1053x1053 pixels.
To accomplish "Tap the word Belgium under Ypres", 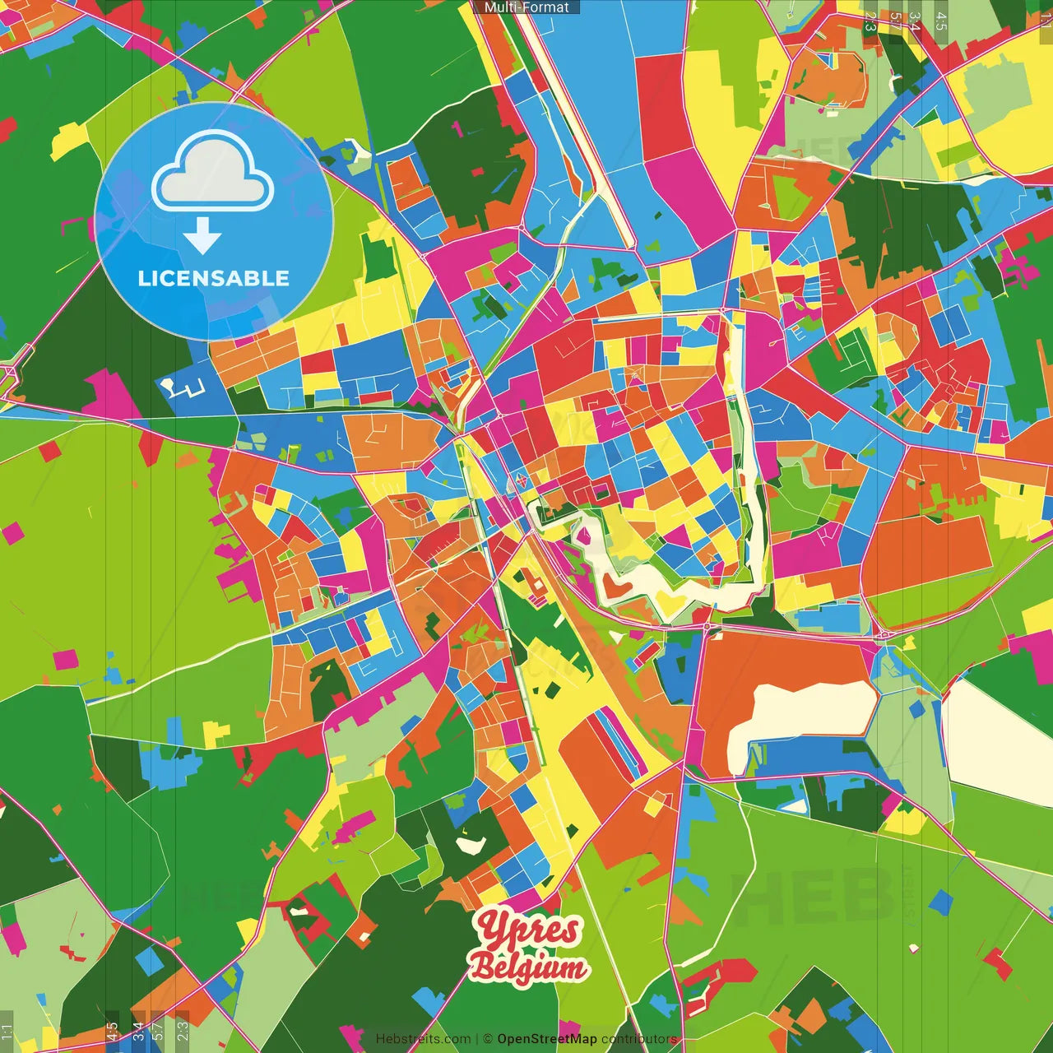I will point(529,968).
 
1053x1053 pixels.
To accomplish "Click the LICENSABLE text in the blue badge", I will point(214,278).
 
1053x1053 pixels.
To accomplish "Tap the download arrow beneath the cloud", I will point(202,236).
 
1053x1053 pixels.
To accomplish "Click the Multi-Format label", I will point(526,7).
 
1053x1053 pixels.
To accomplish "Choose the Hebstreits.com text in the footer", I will point(423,1039).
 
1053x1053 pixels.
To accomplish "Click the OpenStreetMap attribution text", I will point(547,1039).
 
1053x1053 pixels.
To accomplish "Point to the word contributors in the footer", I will point(639,1039).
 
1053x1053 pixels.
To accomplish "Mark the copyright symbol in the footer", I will point(488,1039).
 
